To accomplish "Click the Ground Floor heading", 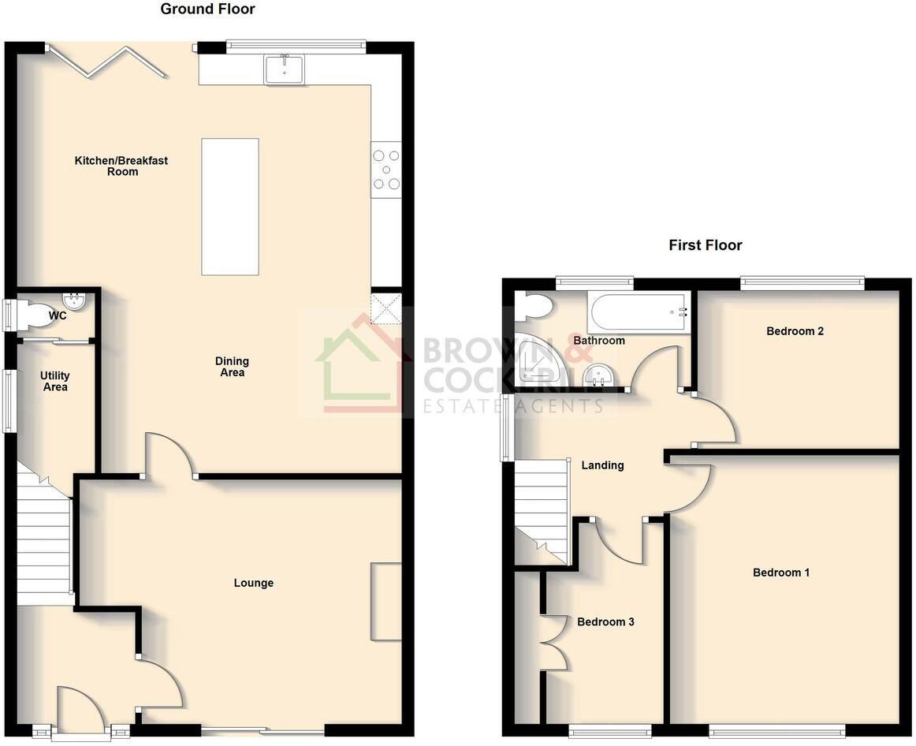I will (207, 9).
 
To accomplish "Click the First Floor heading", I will (705, 245).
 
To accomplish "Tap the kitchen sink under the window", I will (285, 69).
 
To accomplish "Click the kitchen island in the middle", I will (230, 207).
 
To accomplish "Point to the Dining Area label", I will (232, 367).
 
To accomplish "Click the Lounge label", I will (254, 584).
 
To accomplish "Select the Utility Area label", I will (55, 382).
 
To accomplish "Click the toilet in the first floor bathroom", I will (534, 306).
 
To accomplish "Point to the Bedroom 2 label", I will (795, 331).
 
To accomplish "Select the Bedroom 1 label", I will (780, 573).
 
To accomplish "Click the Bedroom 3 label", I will (605, 622).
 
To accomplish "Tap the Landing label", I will (602, 465).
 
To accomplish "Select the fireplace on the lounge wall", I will (385, 601).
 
